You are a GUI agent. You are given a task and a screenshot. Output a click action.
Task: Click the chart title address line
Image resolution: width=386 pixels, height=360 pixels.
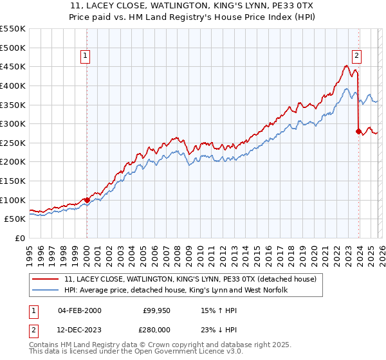point(193,6)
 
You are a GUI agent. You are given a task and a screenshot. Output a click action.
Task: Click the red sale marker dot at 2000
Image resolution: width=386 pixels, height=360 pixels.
point(87,200)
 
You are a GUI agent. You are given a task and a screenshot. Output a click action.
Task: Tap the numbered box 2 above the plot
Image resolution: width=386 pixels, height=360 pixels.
point(356,57)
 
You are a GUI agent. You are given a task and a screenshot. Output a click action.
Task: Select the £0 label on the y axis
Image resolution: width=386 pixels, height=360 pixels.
point(19,238)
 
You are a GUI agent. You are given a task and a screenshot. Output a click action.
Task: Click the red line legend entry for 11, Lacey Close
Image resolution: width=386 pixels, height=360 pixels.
point(190,280)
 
